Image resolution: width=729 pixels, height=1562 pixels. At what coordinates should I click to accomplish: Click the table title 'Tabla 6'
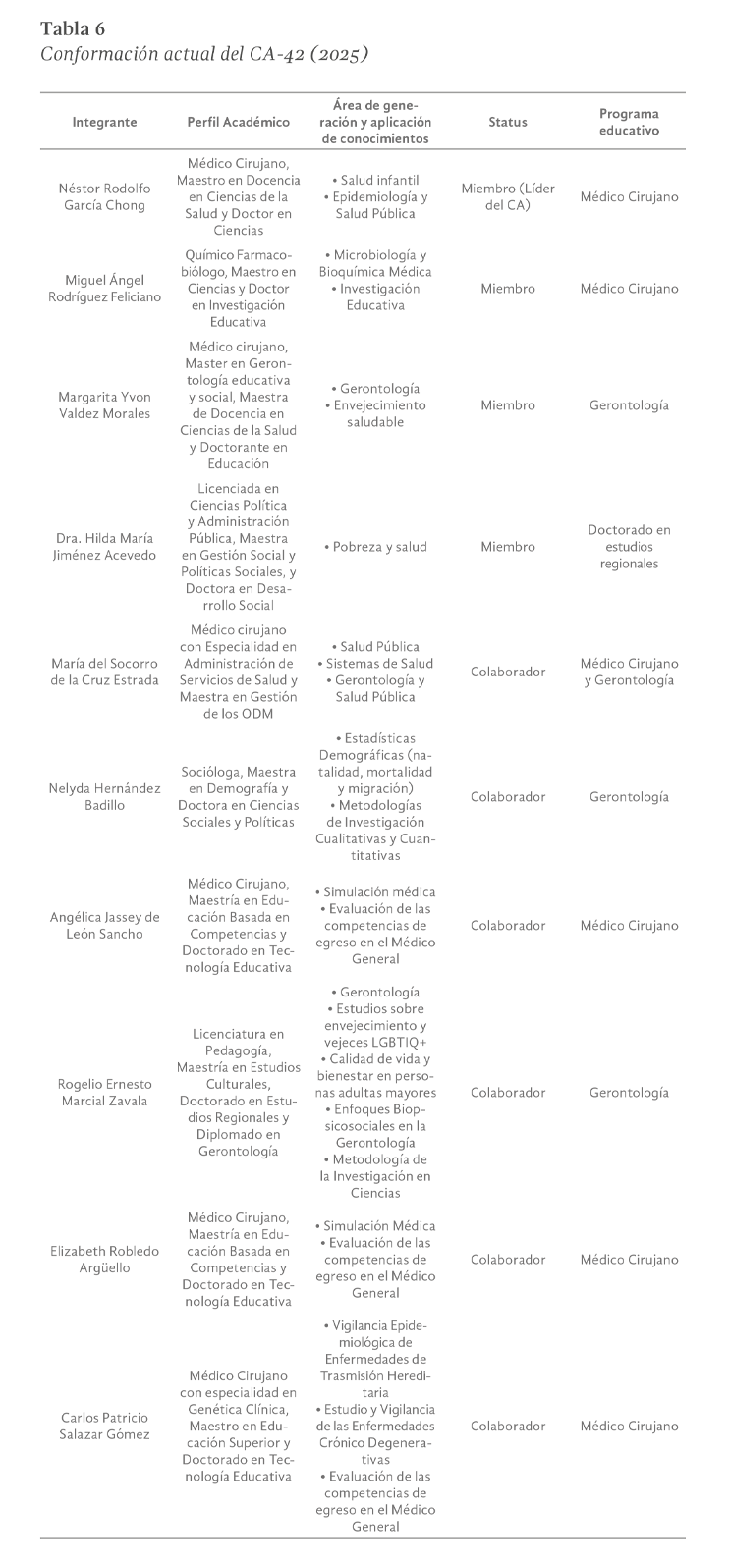(x=73, y=27)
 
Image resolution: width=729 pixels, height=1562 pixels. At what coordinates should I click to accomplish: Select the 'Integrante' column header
(x=104, y=123)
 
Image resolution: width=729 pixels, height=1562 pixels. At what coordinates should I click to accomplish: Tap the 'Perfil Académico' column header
(x=239, y=123)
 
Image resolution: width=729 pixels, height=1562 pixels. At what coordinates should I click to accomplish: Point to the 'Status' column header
(x=508, y=123)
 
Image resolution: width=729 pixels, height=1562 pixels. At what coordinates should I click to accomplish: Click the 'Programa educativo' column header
(x=629, y=122)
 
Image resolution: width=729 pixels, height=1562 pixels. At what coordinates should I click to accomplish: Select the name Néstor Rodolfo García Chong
(x=104, y=197)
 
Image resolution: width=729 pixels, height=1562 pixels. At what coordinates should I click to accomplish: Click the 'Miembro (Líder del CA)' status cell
(x=508, y=197)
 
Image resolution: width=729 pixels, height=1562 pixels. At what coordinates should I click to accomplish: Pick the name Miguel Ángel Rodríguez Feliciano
(x=104, y=289)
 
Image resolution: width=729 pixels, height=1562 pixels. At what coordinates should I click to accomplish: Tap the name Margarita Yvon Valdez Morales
(x=104, y=405)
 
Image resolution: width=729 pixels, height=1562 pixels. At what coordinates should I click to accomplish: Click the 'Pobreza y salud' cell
(x=375, y=547)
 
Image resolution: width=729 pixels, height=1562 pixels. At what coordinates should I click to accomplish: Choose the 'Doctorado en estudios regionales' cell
(x=629, y=547)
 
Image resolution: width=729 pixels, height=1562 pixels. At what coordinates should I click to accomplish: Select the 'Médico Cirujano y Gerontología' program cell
(x=629, y=673)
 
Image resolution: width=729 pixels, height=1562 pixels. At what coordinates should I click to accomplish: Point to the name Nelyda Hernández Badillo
(x=104, y=797)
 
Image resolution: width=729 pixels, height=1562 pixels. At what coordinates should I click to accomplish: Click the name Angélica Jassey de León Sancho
(x=104, y=926)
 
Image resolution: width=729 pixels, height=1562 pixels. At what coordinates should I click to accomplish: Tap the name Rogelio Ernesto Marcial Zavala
(x=104, y=1093)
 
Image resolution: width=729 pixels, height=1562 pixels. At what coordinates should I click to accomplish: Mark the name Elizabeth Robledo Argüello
(x=104, y=1260)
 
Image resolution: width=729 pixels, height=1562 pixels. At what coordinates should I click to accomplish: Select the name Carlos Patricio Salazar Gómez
(x=104, y=1427)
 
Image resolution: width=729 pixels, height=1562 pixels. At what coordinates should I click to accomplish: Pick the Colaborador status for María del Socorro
(x=508, y=673)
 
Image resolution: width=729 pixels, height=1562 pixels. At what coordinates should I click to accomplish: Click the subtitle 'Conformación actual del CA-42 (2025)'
(x=204, y=54)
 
